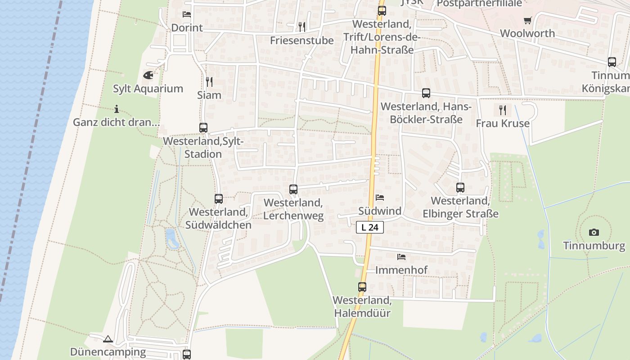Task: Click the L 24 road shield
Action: [x=370, y=227]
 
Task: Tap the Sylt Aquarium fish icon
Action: [x=148, y=75]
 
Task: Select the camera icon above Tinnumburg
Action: [x=594, y=233]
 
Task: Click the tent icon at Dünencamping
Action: [x=108, y=339]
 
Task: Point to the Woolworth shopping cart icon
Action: [x=527, y=20]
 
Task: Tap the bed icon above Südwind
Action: [x=380, y=198]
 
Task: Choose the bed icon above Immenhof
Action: [x=401, y=257]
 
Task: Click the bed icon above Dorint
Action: [x=187, y=14]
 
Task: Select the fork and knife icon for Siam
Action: [x=209, y=81]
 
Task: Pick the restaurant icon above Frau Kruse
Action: [x=503, y=109]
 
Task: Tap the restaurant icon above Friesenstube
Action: [x=302, y=27]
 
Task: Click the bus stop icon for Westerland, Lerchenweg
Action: [x=293, y=189]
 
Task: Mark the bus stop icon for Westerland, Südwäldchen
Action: [x=219, y=198]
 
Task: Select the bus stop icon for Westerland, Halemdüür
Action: [x=362, y=287]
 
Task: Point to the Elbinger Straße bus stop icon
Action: [x=460, y=188]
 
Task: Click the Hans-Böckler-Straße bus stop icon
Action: [x=426, y=93]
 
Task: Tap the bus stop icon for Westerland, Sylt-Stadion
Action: [x=203, y=128]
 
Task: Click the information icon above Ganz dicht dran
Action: [x=117, y=109]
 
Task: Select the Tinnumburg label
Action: [x=594, y=246]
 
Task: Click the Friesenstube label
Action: [x=302, y=40]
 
